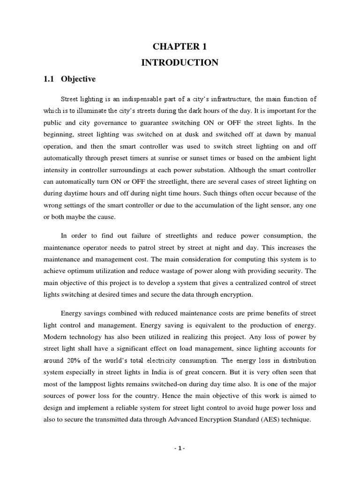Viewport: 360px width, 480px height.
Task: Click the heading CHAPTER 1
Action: [x=180, y=46]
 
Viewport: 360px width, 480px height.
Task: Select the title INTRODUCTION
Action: [x=180, y=62]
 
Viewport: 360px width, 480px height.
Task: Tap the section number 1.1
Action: [x=49, y=79]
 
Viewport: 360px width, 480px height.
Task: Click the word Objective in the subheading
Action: [x=78, y=79]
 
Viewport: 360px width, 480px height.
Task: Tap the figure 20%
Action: [x=77, y=361]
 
